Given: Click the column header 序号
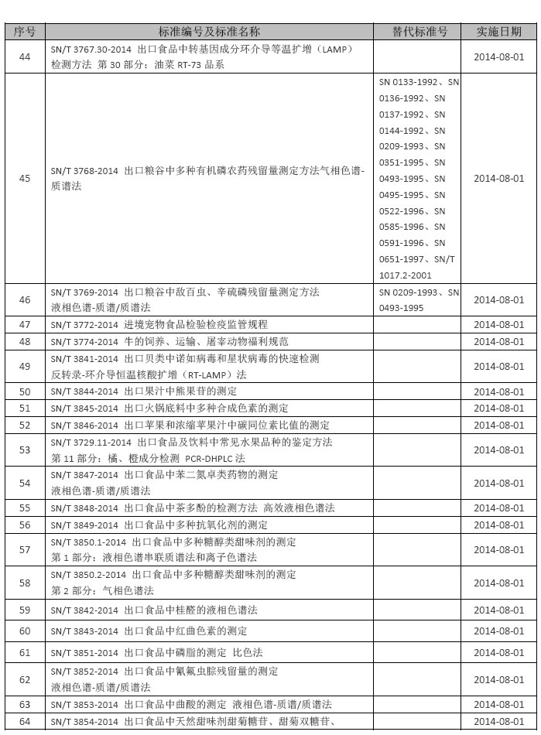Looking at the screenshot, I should pos(25,32).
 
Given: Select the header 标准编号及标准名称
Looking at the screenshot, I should pos(209,32).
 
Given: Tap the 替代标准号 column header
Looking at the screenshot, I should pos(419,32).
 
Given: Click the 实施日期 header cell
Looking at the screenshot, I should pos(498,32).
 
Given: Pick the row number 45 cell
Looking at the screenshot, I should pos(25,179).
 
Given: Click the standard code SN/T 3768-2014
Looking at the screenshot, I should pos(84,170).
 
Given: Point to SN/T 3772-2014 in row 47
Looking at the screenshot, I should pos(84,325).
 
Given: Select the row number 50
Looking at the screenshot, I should pos(25,391).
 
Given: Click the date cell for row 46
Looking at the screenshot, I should pos(498,300).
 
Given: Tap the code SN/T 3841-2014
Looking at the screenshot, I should pos(84,359).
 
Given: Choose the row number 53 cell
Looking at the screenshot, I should pos(25,450).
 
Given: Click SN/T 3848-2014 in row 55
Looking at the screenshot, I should pos(84,508).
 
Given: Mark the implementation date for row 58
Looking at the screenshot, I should pos(498,583).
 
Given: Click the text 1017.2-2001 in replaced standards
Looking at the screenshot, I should pos(406,275).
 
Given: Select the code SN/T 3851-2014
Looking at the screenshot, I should pos(84,653).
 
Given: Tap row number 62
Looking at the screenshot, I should pos(25,679).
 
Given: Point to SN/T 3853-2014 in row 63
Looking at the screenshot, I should pos(84,705).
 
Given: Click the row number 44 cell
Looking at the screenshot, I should pos(25,57).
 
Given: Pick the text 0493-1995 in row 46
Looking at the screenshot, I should pos(402,308).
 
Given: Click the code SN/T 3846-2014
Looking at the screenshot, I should pos(84,426).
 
